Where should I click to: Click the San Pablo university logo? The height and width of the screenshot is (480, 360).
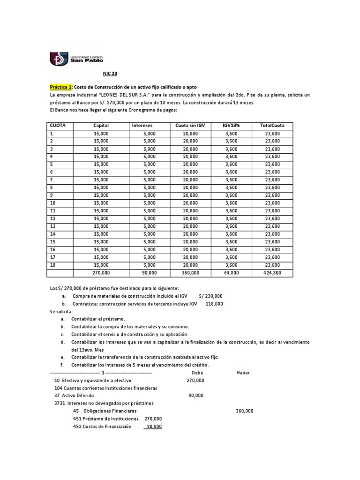click(x=77, y=59)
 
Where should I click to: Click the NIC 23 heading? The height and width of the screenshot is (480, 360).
click(x=110, y=74)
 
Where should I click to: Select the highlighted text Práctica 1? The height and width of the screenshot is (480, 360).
click(x=61, y=88)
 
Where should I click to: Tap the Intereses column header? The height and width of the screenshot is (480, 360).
click(x=142, y=126)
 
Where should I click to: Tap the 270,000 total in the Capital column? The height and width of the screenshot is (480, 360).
click(x=101, y=272)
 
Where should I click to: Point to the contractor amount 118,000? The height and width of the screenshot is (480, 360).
click(x=214, y=304)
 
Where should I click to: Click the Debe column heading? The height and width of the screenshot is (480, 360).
click(x=198, y=372)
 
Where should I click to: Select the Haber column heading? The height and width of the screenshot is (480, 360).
click(x=243, y=372)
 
